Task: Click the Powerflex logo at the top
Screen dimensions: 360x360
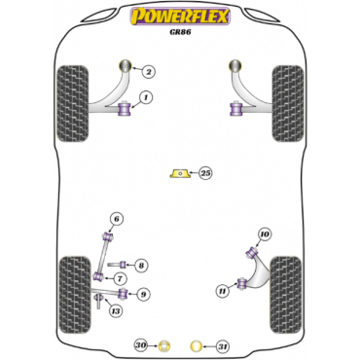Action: coord(179,16)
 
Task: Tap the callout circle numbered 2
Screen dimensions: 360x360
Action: coord(148,71)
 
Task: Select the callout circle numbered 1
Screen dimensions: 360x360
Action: coord(146,97)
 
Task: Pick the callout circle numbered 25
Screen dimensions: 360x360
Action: coord(205,173)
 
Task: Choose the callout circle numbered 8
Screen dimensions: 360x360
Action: coord(142,265)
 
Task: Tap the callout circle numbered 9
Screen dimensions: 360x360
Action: coord(144,293)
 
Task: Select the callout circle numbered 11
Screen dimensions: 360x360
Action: coord(223,288)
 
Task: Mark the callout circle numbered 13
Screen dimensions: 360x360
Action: coord(115,311)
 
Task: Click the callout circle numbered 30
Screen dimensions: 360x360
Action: coord(140,345)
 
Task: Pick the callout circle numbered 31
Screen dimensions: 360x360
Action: coord(222,345)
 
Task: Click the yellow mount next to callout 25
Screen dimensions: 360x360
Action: coord(180,173)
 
